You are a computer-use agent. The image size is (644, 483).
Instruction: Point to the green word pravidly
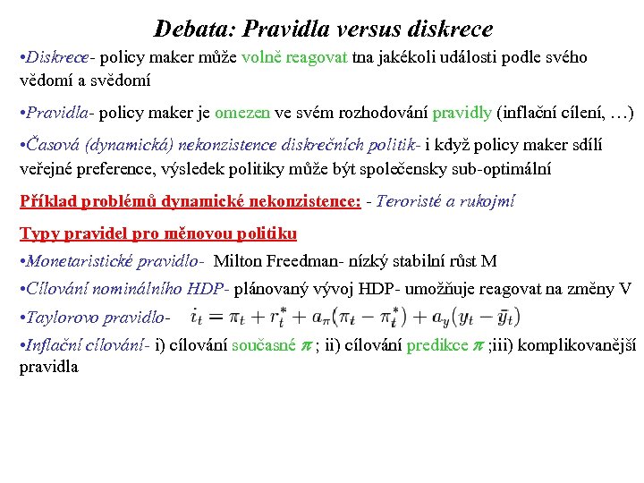(x=462, y=114)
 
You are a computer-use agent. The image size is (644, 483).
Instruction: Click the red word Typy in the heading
(x=38, y=233)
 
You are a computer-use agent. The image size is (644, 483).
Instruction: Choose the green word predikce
(x=437, y=345)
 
